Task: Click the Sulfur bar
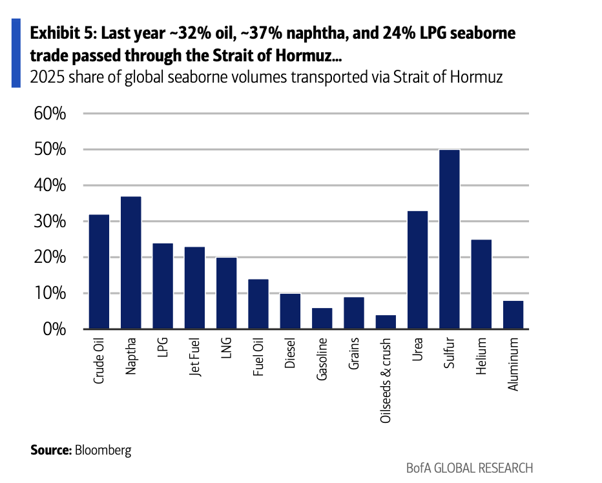coord(449,239)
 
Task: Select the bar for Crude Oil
coord(99,272)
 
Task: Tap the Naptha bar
coord(131,263)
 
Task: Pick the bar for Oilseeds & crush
coord(386,322)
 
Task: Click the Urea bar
coord(417,270)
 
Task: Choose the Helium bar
coord(481,285)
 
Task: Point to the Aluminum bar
coord(513,315)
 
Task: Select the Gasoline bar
coord(322,318)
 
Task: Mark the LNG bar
coord(227,293)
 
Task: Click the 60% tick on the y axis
coord(50,114)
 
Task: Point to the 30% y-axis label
coord(50,221)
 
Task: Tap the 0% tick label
coord(54,329)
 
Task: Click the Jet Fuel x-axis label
coord(194,356)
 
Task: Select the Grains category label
coord(353,354)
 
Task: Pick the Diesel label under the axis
coord(290,353)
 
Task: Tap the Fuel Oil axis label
coord(258,356)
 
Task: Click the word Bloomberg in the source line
coord(103,450)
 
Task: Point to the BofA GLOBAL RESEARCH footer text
coord(470,468)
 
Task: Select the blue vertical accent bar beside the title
coord(16,53)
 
